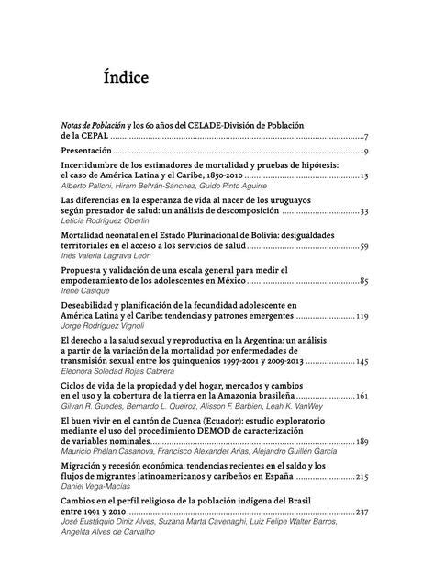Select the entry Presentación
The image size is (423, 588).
click(x=85, y=151)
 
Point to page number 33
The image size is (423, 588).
click(x=363, y=211)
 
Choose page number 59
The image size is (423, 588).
click(x=363, y=247)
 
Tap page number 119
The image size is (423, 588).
click(x=362, y=316)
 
